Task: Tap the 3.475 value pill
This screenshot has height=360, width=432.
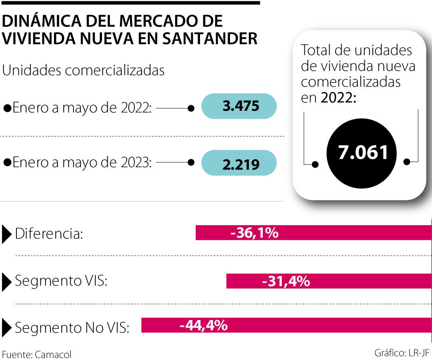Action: [x=239, y=106]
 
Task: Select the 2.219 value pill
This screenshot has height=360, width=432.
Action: [x=239, y=163]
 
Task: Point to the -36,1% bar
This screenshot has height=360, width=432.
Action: [x=313, y=232]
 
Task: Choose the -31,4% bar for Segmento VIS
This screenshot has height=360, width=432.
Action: [x=329, y=281]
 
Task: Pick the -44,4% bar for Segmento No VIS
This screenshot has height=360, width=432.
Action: [x=286, y=325]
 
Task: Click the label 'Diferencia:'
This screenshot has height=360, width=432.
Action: [x=49, y=234]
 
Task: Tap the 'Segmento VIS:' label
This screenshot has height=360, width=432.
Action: [x=61, y=281]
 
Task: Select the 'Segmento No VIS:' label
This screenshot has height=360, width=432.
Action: [x=72, y=328]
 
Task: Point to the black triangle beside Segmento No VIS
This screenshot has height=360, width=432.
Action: [x=7, y=327]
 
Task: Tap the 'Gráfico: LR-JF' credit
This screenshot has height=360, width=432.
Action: [x=402, y=353]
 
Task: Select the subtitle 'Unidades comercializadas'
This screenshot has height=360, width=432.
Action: [x=84, y=70]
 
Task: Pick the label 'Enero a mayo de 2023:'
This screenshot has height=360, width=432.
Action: [x=82, y=162]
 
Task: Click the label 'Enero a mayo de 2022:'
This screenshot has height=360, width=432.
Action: [x=82, y=108]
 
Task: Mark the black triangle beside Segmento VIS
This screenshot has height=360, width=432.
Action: [x=7, y=282]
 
